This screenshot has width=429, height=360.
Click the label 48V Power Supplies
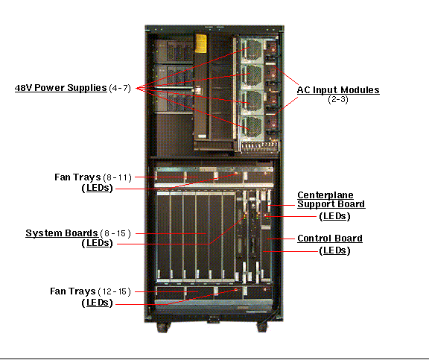(x=60, y=88)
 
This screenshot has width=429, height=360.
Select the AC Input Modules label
(x=338, y=90)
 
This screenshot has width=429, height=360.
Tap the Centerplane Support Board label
(x=331, y=200)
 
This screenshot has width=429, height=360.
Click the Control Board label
(x=330, y=239)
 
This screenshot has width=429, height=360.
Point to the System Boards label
(x=62, y=233)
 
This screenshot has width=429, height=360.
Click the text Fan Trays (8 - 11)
(x=93, y=177)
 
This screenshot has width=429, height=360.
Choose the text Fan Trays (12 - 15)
(x=91, y=291)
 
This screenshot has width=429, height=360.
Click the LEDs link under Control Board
(x=334, y=250)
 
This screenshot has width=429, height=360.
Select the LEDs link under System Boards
(x=98, y=243)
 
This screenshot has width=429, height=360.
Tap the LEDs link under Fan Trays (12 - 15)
(x=98, y=303)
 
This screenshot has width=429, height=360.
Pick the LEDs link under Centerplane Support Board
(x=334, y=216)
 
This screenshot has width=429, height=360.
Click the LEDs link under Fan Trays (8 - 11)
(x=98, y=189)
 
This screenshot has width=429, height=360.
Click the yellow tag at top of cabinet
(x=201, y=43)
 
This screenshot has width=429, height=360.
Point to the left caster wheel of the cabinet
(x=162, y=327)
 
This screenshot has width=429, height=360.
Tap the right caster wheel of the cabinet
(x=262, y=327)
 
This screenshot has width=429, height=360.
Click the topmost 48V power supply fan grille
(x=252, y=50)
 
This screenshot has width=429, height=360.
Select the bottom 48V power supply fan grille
(x=252, y=128)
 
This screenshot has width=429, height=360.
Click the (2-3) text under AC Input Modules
(x=338, y=99)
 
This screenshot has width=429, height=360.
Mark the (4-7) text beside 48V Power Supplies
(x=120, y=89)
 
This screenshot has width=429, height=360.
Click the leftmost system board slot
(x=163, y=236)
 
